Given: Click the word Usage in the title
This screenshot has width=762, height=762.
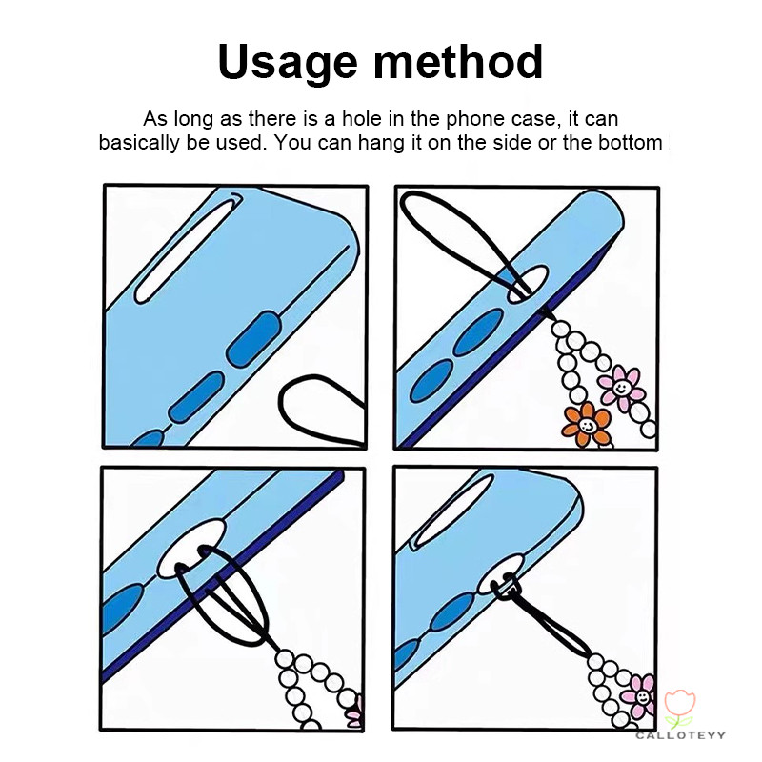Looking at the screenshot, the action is coord(288,63).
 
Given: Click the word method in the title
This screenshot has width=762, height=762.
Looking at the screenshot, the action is coord(457,61).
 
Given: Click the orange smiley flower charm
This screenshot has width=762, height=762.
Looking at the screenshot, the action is coord(586,425).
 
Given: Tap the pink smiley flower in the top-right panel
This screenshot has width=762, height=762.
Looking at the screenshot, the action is coord(621,388).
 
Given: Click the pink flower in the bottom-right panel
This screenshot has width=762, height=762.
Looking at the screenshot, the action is coord(640,697).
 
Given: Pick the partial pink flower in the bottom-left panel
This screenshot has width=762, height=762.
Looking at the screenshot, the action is coord(356,712).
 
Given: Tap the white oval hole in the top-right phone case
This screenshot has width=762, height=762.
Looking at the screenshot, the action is coord(528,284).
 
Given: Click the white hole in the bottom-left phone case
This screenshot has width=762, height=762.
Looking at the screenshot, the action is coord(191,549).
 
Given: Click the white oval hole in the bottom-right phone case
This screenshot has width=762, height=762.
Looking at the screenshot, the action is coord(502,574).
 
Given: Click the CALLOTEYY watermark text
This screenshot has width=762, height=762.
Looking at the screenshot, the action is coord(680,735).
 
